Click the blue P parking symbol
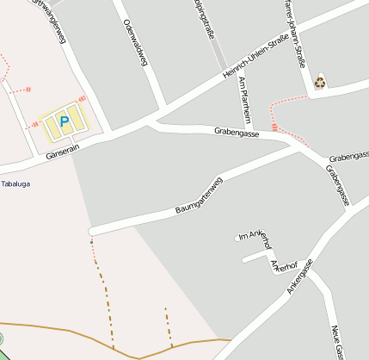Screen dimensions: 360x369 pos(64,122)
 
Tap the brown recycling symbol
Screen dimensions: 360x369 pos(320,82)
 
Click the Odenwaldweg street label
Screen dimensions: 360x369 pos(135,42)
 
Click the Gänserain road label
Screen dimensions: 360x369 pos(63,148)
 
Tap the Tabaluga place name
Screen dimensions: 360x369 pos(15,183)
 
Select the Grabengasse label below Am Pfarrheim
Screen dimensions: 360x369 pos(238,133)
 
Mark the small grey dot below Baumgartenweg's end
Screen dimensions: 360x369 pos(91,242)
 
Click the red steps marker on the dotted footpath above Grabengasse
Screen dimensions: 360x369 pos(274,127)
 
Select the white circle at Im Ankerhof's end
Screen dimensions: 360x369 pos(237,238)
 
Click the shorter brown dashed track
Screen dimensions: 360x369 pos(169,326)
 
